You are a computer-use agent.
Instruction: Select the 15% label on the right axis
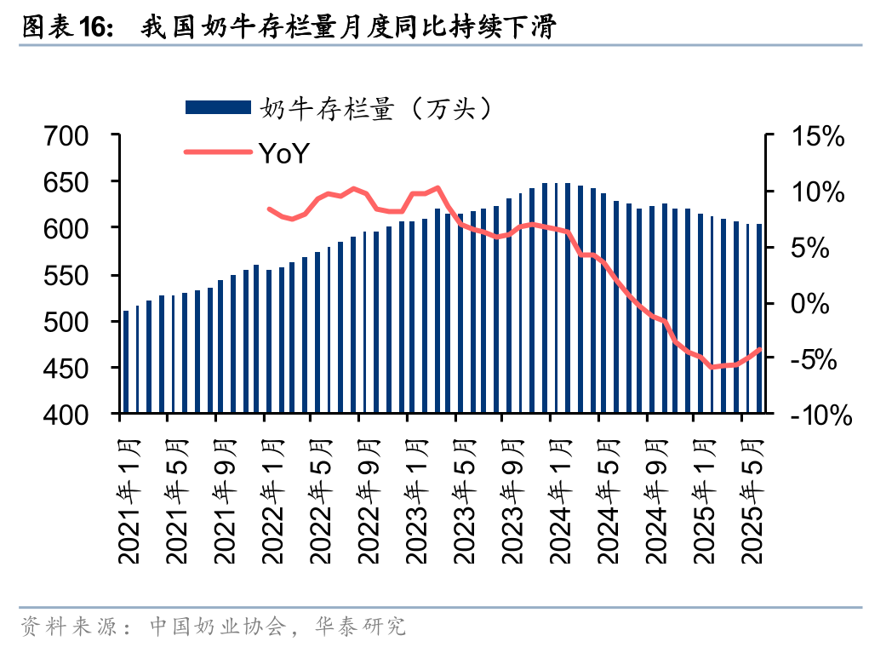click(x=816, y=136)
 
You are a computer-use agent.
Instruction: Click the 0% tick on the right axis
click(x=816, y=303)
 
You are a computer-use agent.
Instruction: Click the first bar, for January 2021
click(x=126, y=362)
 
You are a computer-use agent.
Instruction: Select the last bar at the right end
click(x=759, y=319)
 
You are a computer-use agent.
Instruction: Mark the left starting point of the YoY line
click(x=269, y=209)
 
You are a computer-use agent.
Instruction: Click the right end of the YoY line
click(x=759, y=349)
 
